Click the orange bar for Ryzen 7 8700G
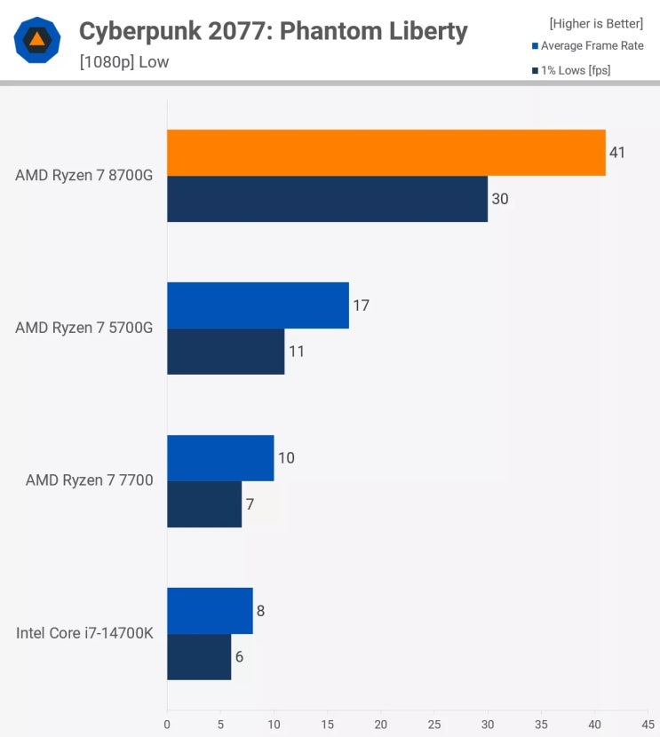(386, 153)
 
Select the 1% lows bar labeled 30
(327, 199)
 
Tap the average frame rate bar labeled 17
(258, 305)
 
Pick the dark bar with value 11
(226, 352)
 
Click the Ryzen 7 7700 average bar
(220, 458)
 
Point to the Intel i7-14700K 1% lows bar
(199, 657)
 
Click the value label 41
(617, 153)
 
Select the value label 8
(261, 611)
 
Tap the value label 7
(250, 504)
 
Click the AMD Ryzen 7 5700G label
(84, 329)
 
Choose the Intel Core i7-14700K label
(84, 634)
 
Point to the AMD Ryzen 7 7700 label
(90, 481)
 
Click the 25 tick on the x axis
(434, 723)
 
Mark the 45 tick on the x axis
(648, 723)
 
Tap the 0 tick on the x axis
(167, 723)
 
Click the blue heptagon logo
(37, 40)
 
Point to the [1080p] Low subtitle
(123, 62)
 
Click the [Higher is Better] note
(597, 23)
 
